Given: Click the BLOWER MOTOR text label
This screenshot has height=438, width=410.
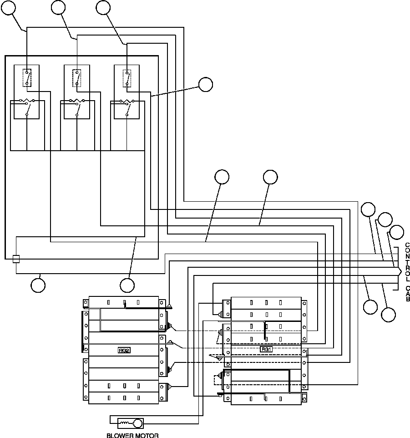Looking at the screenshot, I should click(x=132, y=435).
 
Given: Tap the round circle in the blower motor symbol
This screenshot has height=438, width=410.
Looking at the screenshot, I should click(x=137, y=423).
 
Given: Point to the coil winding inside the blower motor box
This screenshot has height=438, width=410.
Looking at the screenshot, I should click(x=124, y=423).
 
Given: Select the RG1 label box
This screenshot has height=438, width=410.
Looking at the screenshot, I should click(x=266, y=349).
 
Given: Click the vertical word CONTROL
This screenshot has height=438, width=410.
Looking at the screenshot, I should click(x=408, y=262).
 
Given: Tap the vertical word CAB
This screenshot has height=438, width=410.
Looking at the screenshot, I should click(x=408, y=294).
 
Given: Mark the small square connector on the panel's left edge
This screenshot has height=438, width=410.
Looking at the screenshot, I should click(x=16, y=259).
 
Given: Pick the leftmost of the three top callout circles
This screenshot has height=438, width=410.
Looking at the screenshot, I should click(x=10, y=8).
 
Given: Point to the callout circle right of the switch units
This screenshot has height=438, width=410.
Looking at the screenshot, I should click(x=205, y=84).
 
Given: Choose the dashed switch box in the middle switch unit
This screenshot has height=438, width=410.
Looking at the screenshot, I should click(x=77, y=78).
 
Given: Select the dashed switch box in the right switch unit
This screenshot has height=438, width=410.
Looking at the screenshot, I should click(x=127, y=78).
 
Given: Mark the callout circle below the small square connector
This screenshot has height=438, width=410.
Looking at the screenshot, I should click(x=38, y=285).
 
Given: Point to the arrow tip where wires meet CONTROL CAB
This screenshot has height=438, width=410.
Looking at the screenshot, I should click(x=400, y=271).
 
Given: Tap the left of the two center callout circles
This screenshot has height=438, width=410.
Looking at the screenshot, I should click(x=222, y=177).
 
